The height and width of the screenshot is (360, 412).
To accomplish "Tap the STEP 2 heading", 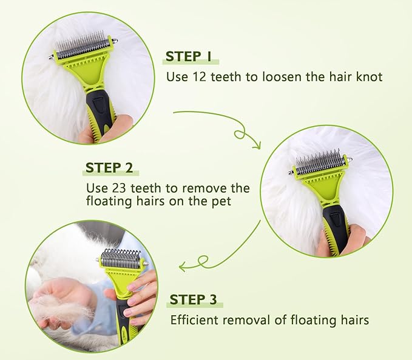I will click(109, 167).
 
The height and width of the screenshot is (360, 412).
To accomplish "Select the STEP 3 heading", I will click(193, 299).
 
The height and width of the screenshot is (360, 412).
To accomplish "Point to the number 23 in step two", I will click(118, 188).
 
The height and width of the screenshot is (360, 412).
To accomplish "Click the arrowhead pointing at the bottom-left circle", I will click(183, 265).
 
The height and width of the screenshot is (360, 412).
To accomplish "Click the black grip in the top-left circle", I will click(97, 109).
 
